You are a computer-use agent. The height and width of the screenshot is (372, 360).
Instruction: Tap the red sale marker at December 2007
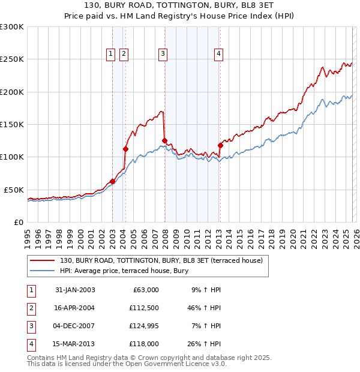(164, 141)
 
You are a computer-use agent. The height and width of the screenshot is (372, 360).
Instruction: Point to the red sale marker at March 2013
(220, 145)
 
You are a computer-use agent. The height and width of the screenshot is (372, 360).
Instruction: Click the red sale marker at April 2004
(126, 149)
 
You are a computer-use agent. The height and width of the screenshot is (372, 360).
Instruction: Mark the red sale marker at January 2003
(113, 181)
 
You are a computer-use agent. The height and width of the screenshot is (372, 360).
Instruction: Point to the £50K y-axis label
(14, 190)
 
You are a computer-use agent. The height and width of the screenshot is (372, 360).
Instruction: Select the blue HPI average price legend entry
(124, 271)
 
